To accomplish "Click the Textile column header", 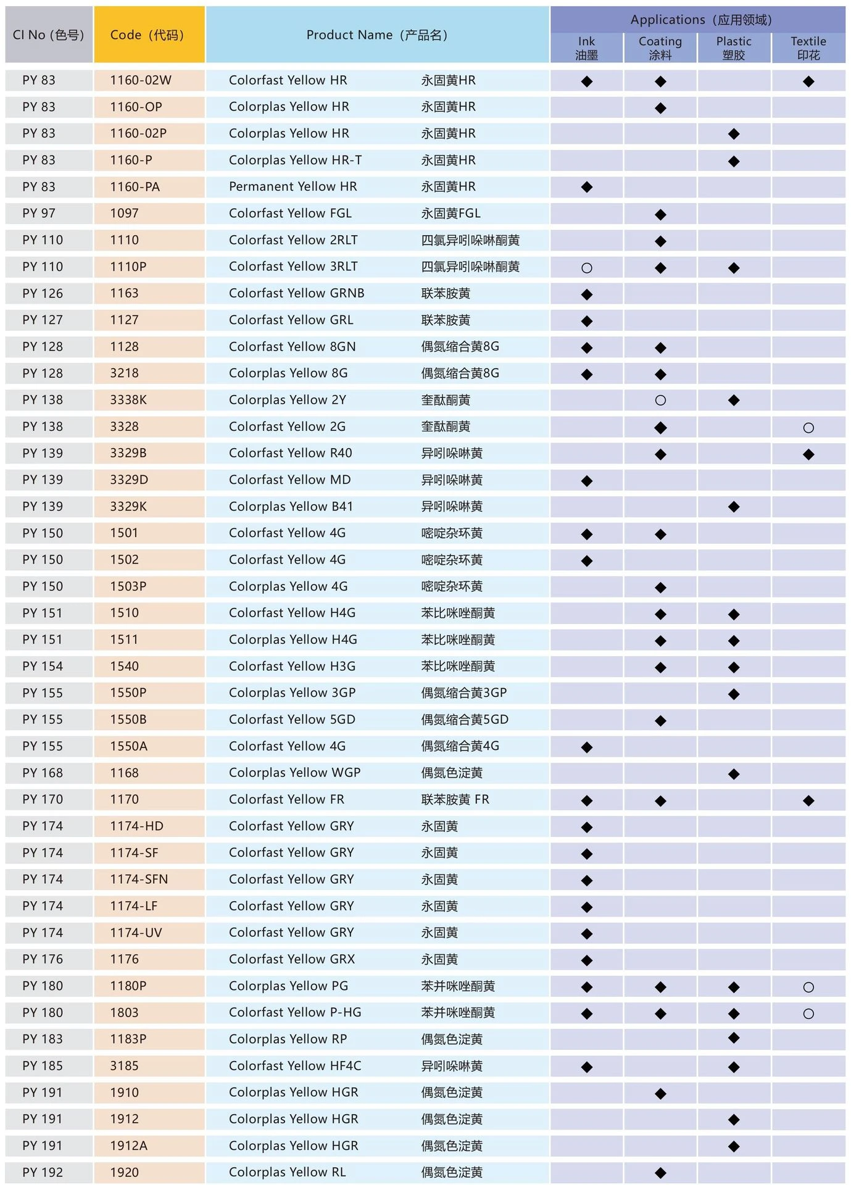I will click(x=808, y=48).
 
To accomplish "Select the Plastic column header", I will click(x=734, y=48).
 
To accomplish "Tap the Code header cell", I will click(x=149, y=35).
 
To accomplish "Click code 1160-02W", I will click(x=141, y=80).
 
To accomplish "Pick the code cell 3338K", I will click(x=128, y=400).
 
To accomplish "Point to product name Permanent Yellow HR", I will click(x=293, y=186).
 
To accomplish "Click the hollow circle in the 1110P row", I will click(x=586, y=268).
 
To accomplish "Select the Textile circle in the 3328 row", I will click(x=808, y=428).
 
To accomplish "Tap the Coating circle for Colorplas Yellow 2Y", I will click(x=660, y=401).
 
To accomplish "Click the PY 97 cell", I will click(x=39, y=214).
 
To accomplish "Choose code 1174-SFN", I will click(x=139, y=879).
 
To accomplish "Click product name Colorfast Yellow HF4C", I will click(x=295, y=1066).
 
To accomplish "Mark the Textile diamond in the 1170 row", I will click(x=808, y=800).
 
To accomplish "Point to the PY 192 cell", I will click(x=43, y=1173).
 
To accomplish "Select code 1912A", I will click(x=128, y=1146).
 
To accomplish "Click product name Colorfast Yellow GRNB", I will click(x=296, y=293).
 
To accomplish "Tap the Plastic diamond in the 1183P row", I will click(x=734, y=1038).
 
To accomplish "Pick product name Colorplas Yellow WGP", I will click(x=294, y=773).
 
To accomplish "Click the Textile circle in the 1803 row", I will click(x=808, y=1013).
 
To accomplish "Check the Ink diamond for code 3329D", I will click(x=586, y=481).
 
